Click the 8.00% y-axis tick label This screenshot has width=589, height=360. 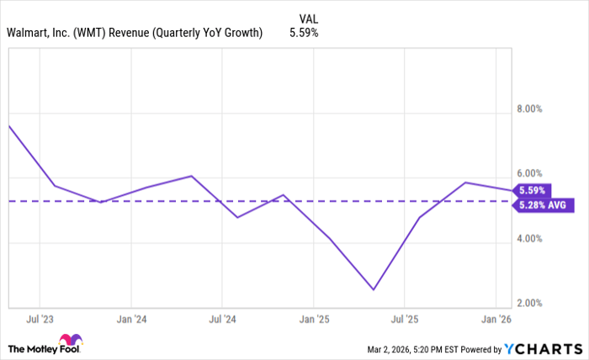[535, 109]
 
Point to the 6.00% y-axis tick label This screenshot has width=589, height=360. [535, 174]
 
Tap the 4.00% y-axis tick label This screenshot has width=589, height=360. [535, 239]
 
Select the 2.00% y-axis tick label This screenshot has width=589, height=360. [535, 303]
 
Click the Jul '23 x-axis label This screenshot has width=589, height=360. [40, 320]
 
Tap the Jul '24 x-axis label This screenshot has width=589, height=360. [222, 320]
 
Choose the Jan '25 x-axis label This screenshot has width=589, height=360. [313, 320]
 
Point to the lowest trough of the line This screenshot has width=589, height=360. [373, 289]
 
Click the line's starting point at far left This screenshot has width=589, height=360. [8, 126]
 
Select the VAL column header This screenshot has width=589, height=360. [309, 18]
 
